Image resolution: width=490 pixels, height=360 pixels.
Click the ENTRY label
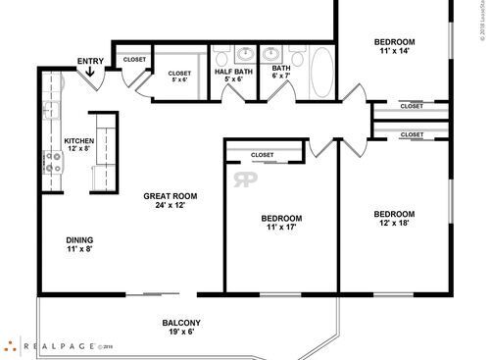[91, 62]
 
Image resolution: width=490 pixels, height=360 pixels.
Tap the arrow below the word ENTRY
[91, 73]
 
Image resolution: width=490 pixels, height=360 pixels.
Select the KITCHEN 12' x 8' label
[79, 145]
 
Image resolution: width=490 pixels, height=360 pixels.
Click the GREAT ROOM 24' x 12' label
[164, 200]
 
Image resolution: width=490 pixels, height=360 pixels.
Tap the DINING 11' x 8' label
[80, 245]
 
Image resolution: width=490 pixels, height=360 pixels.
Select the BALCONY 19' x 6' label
[182, 328]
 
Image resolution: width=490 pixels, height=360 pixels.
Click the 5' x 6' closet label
[179, 76]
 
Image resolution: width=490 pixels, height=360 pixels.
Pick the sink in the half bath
[242, 54]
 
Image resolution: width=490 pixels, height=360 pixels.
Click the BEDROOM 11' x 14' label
[395, 47]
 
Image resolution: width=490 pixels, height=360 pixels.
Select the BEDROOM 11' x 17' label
[281, 222]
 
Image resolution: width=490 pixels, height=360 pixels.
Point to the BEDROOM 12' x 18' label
[395, 219]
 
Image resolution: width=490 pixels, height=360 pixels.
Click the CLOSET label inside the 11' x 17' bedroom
[262, 154]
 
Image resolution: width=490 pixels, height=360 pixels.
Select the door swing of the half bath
[233, 93]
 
